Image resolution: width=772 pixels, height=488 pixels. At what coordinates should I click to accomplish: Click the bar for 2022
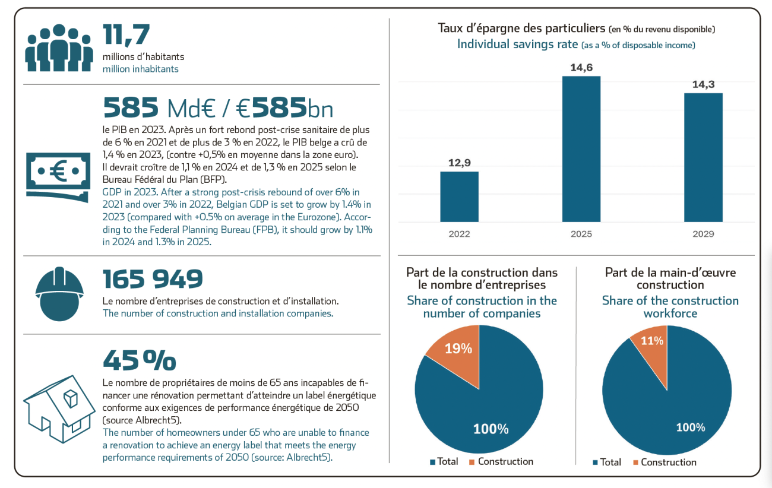tap(459, 197)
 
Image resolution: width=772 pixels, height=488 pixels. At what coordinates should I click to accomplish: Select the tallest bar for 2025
tap(581, 149)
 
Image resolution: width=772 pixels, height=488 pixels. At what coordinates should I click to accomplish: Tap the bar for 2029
tap(703, 157)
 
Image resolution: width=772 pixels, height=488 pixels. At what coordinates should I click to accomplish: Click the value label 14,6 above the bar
tap(581, 68)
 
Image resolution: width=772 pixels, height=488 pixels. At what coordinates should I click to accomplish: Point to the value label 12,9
tap(459, 163)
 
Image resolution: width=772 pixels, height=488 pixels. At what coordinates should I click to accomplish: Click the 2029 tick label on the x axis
tap(703, 234)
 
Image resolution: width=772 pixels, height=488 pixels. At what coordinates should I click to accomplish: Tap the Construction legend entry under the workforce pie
tap(664, 462)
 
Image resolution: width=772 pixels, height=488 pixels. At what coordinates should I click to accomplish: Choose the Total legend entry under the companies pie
tap(444, 461)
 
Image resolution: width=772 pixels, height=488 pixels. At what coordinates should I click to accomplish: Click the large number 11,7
tap(126, 34)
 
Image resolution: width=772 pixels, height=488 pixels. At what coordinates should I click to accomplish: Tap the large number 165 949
tap(153, 279)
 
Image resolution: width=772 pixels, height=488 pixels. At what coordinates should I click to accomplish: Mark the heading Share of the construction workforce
tap(670, 307)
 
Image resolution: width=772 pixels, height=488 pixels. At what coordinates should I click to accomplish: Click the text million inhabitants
tap(140, 69)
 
